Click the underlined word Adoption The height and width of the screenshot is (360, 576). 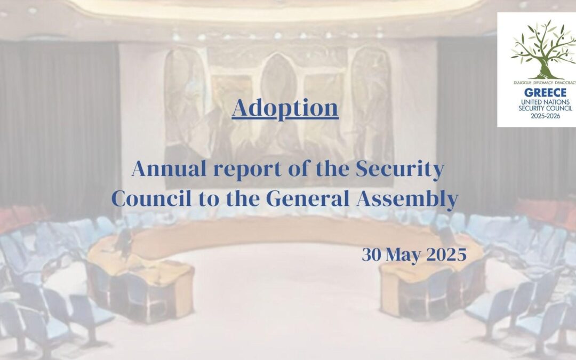point(285,108)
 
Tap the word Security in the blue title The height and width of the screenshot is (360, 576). point(399,170)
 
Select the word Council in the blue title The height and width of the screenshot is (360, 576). point(151,199)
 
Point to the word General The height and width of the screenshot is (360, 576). point(308,199)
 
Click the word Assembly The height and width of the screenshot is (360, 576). point(407,199)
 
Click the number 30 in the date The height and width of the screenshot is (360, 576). point(371,254)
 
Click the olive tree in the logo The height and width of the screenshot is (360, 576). point(544,50)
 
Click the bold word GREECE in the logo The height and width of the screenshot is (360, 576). point(545,92)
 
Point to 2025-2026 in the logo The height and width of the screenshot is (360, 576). point(545,116)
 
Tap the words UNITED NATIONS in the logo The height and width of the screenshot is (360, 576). point(545,102)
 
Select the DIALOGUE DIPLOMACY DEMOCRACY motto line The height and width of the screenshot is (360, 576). point(545,83)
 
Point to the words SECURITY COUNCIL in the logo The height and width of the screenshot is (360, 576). point(545,108)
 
